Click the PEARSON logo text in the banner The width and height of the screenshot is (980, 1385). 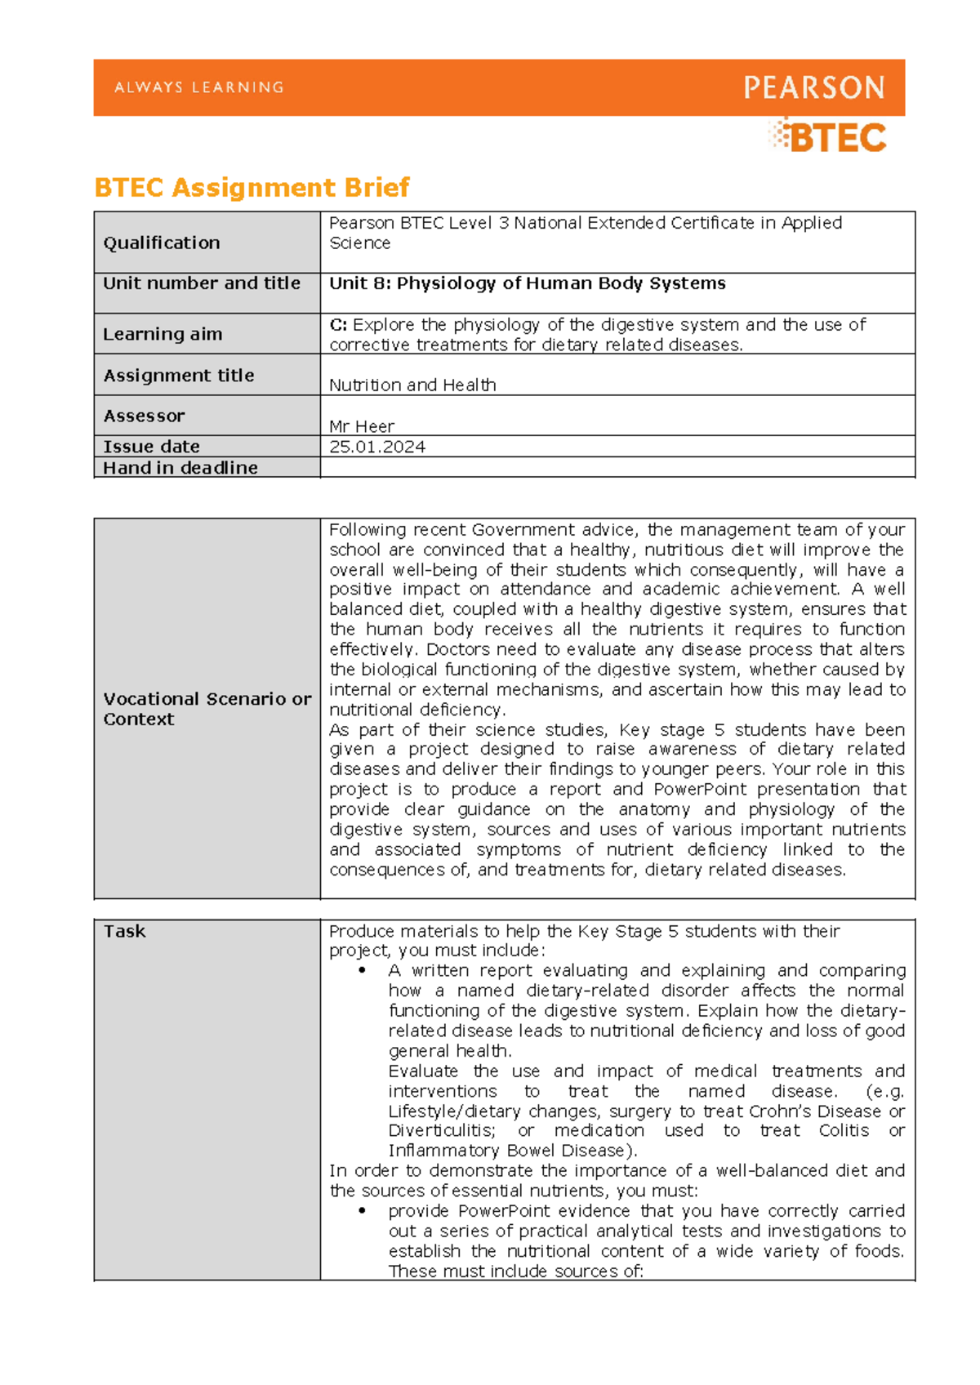coord(813,87)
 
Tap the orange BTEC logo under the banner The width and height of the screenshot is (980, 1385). coord(828,136)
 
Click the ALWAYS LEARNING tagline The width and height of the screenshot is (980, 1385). coord(199,87)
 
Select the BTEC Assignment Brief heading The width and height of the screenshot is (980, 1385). coord(252,188)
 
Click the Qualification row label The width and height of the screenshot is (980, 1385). coord(162,243)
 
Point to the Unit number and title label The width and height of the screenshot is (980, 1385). coord(202,283)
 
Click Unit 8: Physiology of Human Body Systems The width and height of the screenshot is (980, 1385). coord(527,283)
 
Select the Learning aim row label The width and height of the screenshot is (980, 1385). coord(163,334)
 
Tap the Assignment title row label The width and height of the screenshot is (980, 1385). coord(179,376)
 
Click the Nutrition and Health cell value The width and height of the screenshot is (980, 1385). coord(412,385)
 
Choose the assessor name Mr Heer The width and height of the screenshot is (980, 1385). coord(362,426)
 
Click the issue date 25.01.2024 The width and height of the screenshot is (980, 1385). coord(377,447)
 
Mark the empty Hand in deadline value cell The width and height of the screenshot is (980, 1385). coord(617,468)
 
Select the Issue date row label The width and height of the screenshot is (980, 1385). coord(151,447)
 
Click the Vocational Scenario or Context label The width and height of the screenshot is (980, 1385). coord(207,709)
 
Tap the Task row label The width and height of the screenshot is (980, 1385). coord(124,931)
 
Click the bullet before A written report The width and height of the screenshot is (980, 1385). coord(362,971)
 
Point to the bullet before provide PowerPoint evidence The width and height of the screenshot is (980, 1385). coord(362,1211)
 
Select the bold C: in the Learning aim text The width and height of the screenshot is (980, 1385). coord(338,325)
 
